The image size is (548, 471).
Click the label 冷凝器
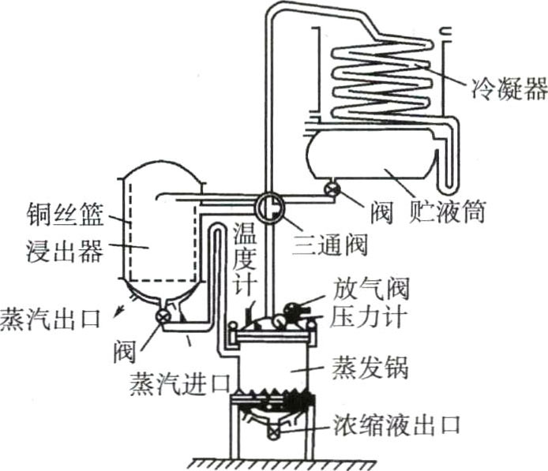(509, 88)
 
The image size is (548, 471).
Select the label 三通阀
(331, 245)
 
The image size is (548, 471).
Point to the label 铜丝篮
(65, 215)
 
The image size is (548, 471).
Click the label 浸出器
(65, 251)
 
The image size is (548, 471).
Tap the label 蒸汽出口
(51, 320)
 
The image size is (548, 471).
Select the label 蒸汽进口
(180, 383)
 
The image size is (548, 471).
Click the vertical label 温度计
(246, 260)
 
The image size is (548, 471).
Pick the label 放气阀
(370, 289)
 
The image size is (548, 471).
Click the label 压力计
(368, 317)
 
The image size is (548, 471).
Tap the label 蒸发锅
(370, 368)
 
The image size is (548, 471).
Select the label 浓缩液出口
(396, 425)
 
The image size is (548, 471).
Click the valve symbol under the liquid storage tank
(332, 189)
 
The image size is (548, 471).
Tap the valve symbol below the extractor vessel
(163, 316)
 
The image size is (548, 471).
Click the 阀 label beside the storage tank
(381, 211)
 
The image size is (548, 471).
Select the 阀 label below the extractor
(124, 352)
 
